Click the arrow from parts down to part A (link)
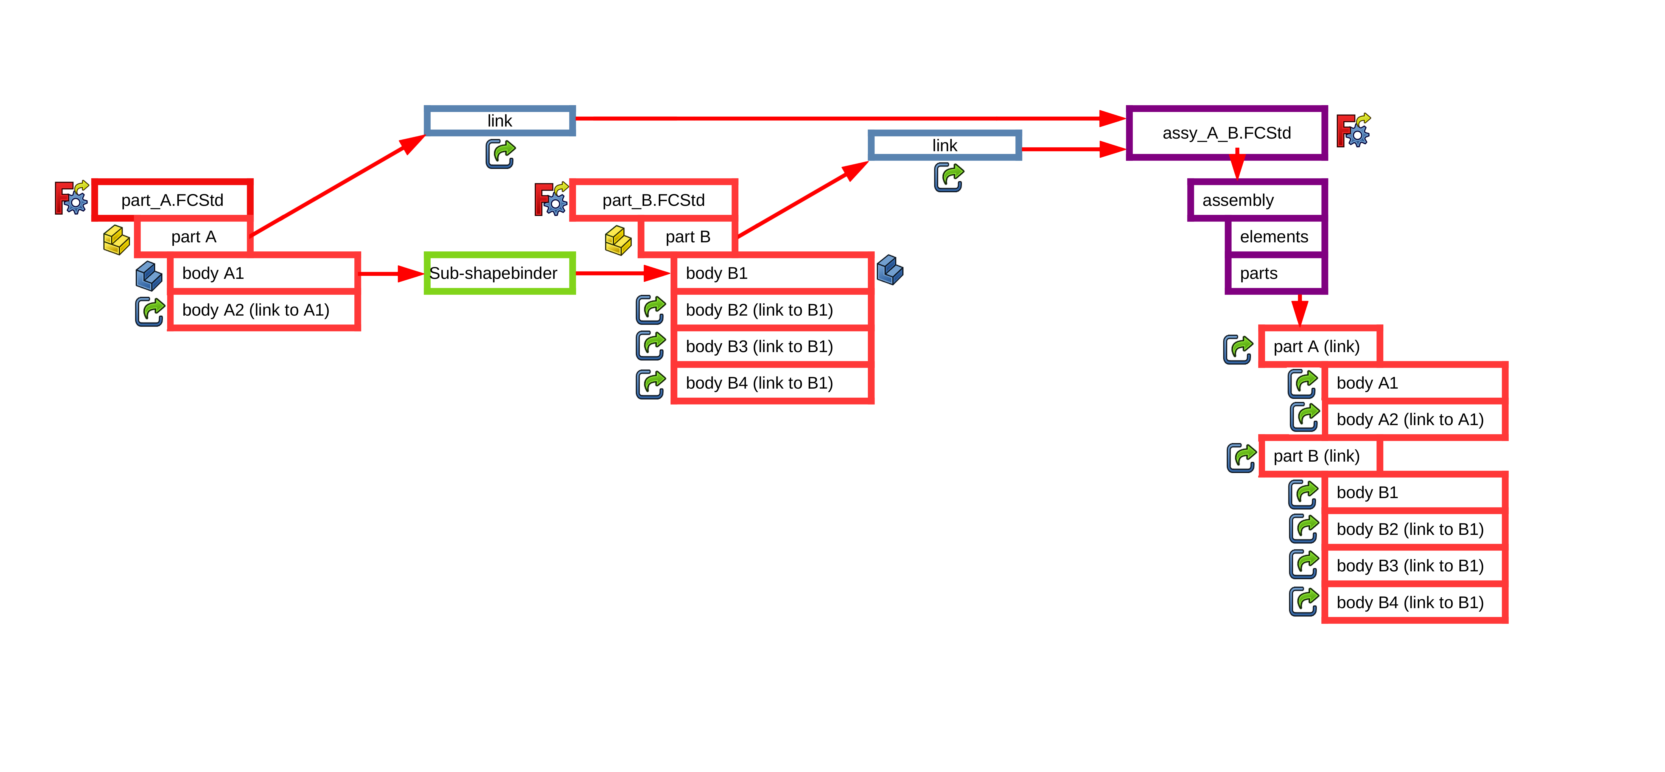1300,310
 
